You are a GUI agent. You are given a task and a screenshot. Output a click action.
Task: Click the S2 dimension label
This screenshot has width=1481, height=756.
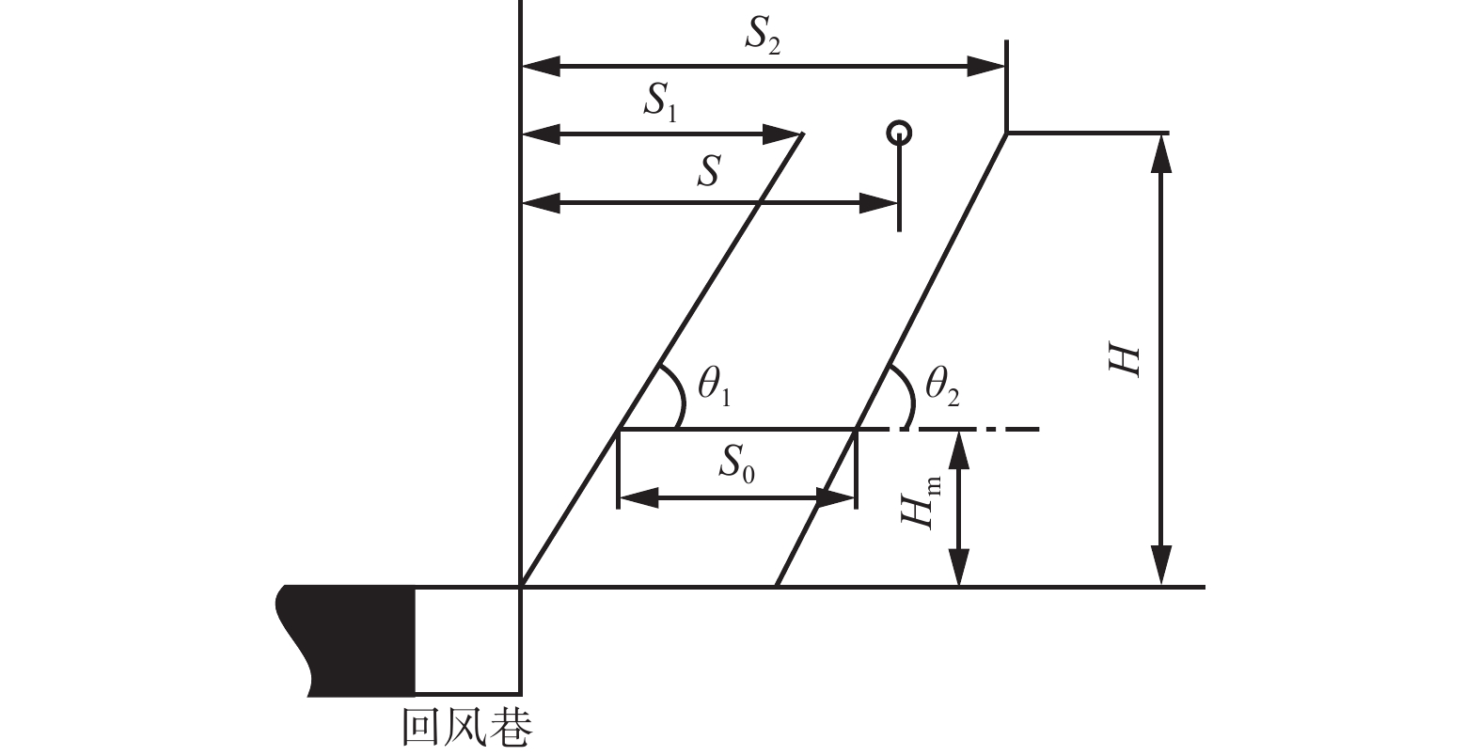click(763, 36)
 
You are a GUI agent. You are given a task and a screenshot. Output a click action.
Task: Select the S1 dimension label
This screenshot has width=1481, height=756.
click(660, 103)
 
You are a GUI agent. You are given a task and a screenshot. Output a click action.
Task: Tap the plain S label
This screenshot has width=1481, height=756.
click(709, 170)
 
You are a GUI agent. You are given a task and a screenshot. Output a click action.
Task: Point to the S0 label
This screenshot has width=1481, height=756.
click(736, 464)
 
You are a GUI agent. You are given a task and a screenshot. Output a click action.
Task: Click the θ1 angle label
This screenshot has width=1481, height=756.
click(714, 387)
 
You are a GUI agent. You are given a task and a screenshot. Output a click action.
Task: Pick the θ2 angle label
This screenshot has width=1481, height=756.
click(942, 387)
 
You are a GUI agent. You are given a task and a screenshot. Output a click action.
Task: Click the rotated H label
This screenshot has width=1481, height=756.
click(1125, 361)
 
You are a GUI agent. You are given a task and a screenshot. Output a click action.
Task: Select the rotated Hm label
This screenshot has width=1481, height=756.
click(921, 504)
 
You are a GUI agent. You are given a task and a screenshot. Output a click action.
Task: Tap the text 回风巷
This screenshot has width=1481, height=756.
click(466, 728)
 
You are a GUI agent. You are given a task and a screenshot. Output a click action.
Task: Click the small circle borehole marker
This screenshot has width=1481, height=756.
click(899, 133)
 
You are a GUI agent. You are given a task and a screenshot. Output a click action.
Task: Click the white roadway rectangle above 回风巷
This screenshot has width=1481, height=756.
click(467, 641)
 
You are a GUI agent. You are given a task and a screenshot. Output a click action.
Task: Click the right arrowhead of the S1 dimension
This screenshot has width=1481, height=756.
click(782, 134)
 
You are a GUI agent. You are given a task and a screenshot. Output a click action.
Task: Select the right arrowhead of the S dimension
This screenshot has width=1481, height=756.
click(878, 203)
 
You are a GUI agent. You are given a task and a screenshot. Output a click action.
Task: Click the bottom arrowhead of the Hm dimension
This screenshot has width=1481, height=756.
click(959, 567)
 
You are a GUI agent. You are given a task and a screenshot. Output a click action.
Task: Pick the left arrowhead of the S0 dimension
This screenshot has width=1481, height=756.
click(638, 498)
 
